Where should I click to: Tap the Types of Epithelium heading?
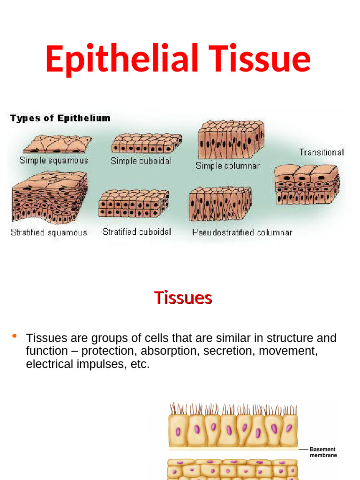60,118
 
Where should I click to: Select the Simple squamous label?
54,160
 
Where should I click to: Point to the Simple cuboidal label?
141,161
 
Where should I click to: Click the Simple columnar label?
227,165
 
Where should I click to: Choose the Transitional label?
322,152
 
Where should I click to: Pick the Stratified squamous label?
49,232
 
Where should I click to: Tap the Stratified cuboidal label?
137,232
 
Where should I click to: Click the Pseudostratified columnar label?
242,232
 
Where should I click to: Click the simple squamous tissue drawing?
57,144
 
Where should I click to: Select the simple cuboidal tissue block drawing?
146,143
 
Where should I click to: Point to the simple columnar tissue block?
231,139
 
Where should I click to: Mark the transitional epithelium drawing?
307,184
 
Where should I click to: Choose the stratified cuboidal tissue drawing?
134,203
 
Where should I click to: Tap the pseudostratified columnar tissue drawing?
220,204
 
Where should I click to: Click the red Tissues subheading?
183,298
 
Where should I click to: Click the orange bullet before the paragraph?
14,336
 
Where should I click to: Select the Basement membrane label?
323,452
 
